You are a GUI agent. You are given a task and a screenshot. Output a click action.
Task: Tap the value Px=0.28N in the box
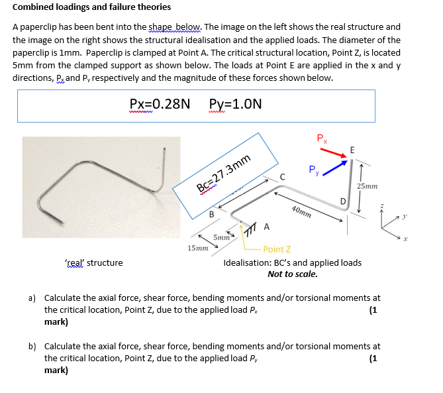[160, 104]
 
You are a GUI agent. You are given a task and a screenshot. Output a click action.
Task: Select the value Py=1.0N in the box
[235, 104]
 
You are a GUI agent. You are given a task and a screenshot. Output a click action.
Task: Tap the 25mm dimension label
[368, 186]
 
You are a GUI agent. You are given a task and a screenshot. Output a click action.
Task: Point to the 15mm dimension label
[197, 249]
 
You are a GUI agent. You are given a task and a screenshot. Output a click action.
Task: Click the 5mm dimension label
[221, 237]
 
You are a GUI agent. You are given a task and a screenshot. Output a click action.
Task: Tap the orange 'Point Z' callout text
[277, 249]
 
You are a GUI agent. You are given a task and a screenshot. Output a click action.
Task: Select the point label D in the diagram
[342, 200]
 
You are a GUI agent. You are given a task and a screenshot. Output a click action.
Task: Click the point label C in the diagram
[282, 176]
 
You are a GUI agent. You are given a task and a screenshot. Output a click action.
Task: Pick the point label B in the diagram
[211, 213]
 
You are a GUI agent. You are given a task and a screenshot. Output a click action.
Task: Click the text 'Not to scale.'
[292, 274]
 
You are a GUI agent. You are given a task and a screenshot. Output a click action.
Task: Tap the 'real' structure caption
[94, 263]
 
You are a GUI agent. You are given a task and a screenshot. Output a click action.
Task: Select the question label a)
[32, 298]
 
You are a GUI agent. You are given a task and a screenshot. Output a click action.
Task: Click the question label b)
[32, 346]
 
